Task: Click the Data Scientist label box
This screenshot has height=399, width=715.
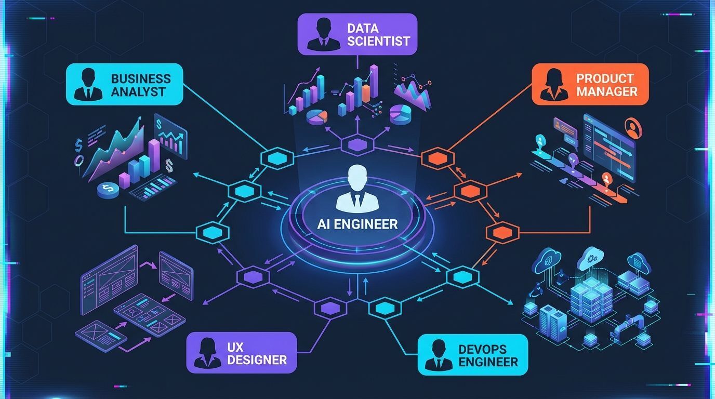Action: (x=357, y=34)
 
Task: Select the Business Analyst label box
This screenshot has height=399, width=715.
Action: (x=125, y=85)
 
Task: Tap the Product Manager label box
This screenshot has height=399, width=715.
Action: (x=590, y=85)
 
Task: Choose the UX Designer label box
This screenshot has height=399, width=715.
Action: (x=241, y=353)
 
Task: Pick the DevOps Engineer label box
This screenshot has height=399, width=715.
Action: (x=473, y=354)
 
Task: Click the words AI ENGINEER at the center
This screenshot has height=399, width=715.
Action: (x=357, y=224)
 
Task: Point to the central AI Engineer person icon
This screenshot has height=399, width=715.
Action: (x=357, y=188)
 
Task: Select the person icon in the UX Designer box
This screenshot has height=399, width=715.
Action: (x=207, y=353)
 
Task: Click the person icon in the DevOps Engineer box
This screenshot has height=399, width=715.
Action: (x=438, y=355)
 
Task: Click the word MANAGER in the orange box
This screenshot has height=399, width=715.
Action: (x=606, y=92)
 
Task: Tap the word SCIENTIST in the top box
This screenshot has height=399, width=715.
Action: (x=379, y=41)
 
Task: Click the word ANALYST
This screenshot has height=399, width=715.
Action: (x=138, y=92)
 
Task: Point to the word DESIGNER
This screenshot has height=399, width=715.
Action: (x=257, y=360)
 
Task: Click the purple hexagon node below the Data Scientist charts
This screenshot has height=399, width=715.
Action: (x=357, y=145)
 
